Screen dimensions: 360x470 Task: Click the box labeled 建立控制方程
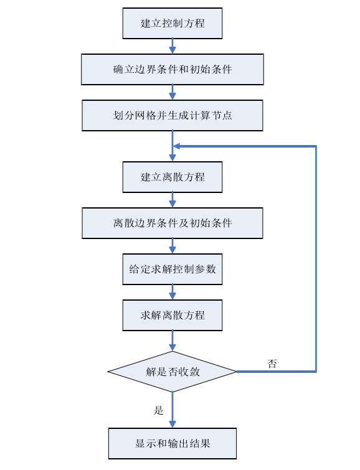coord(173,24)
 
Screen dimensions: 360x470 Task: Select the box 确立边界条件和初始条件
coord(173,70)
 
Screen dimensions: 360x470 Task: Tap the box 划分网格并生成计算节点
coord(173,115)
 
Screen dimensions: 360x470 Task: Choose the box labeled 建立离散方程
coord(173,177)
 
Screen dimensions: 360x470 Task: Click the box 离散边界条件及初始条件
coord(173,223)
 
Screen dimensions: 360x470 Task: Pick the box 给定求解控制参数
coord(173,269)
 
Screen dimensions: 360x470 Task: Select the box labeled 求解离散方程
coord(173,316)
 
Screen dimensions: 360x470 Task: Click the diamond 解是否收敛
coord(173,372)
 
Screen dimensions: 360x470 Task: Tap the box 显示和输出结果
coord(173,444)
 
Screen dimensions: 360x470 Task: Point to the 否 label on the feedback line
coord(272,364)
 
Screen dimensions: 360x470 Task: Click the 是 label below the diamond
coord(159,410)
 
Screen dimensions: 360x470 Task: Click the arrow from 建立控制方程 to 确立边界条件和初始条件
coord(173,46)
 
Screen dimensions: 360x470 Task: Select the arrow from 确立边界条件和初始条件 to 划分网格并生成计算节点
coord(173,92)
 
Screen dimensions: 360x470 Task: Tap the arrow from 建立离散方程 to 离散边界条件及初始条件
coord(173,200)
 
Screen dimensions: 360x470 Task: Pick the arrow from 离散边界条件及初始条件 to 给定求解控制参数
coord(173,246)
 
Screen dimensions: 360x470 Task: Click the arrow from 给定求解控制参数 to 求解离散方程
coord(173,292)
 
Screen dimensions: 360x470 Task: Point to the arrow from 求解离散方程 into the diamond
coord(173,341)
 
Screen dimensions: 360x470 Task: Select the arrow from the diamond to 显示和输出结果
coord(173,410)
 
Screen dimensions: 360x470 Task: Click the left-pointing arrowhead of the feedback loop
coord(177,146)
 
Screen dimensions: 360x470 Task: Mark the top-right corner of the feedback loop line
coord(316,146)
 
